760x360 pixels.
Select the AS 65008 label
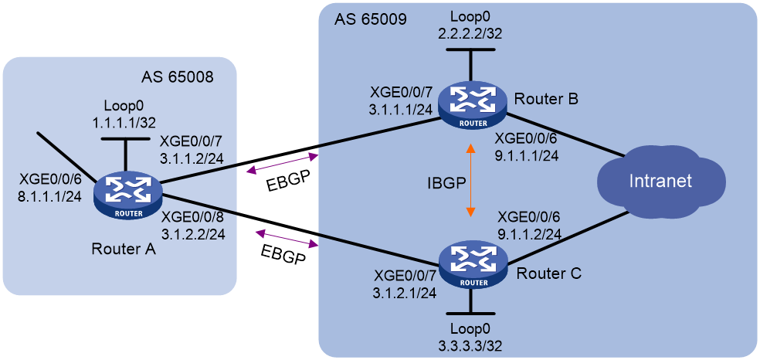[x=176, y=77]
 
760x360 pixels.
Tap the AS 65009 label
[x=370, y=21]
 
